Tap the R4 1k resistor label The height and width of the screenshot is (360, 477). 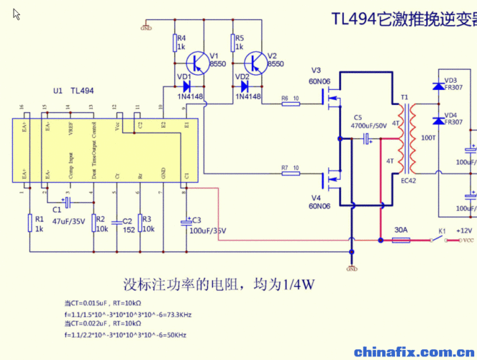[x=181, y=42]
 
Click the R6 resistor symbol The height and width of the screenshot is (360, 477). [x=291, y=104]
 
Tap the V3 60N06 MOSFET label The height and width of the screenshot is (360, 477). [x=320, y=76]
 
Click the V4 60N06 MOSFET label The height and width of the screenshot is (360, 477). [x=319, y=202]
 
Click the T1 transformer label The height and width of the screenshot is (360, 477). [x=404, y=97]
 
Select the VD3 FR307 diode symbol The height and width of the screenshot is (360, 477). [x=437, y=86]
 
